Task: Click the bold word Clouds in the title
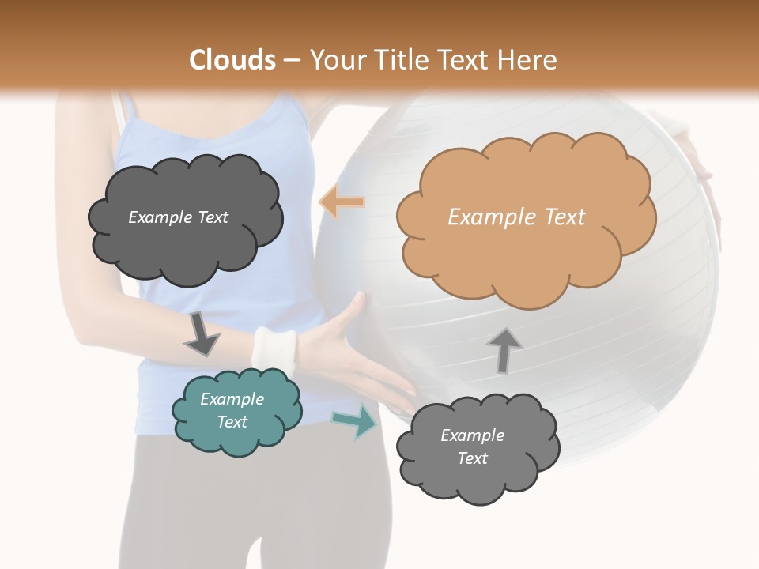[232, 60]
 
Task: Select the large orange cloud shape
[526, 261]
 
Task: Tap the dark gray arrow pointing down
[202, 333]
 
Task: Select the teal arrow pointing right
[355, 421]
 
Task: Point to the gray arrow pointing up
[504, 349]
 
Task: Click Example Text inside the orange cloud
[516, 217]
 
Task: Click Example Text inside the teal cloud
[232, 411]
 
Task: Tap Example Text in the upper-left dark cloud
[178, 217]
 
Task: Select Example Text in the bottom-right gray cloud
[472, 447]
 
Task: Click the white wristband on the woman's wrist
[273, 350]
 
